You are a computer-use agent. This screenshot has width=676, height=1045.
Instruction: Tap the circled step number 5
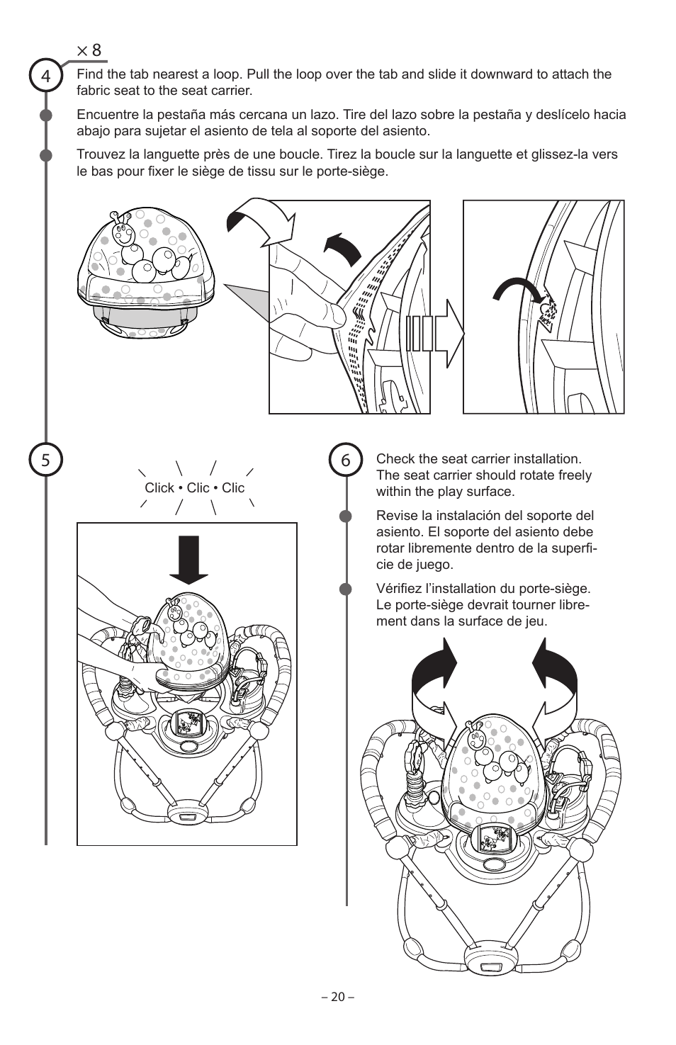(46, 461)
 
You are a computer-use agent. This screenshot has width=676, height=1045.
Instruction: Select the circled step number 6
(346, 461)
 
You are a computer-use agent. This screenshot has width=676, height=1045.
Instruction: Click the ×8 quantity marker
(89, 50)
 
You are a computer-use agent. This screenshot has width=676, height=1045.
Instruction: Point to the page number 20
(337, 997)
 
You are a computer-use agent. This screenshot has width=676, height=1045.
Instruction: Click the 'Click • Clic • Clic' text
(194, 487)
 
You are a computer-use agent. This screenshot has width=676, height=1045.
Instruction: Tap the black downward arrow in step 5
(188, 559)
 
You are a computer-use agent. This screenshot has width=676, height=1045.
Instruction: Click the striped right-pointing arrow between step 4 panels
(435, 334)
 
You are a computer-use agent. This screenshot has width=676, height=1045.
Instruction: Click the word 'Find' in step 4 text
(89, 74)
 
